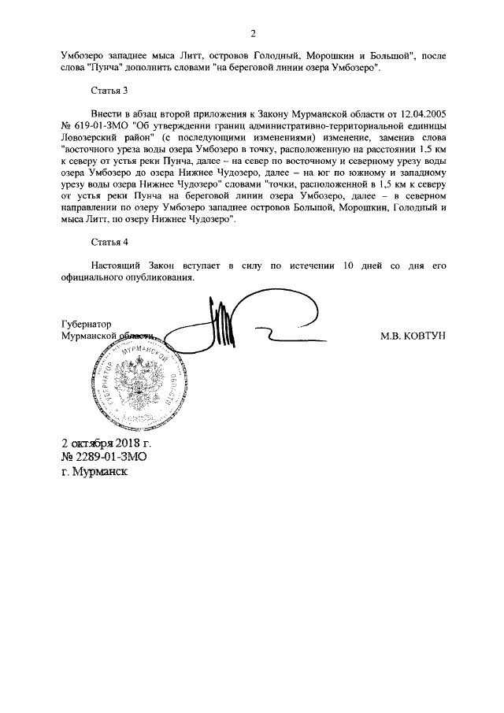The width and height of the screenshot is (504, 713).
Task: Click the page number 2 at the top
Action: (x=253, y=34)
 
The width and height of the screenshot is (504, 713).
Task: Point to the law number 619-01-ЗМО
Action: (x=102, y=126)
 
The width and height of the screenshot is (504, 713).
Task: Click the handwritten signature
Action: (x=228, y=323)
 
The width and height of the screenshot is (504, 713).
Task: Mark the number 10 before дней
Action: (x=342, y=266)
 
